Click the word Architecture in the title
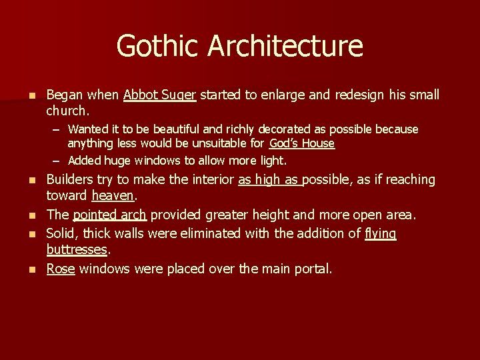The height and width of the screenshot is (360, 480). click(285, 46)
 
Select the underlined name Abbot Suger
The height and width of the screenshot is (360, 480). click(159, 95)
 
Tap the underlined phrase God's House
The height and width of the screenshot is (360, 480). click(302, 143)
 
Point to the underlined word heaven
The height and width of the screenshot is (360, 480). click(113, 197)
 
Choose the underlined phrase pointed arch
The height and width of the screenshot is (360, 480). click(109, 215)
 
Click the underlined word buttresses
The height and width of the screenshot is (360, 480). click(77, 249)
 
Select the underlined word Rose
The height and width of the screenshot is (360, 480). click(60, 269)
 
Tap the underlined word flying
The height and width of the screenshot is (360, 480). click(381, 233)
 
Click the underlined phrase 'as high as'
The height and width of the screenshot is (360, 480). click(269, 180)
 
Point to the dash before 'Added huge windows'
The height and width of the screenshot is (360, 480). click(58, 160)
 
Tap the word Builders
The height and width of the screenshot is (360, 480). click(69, 180)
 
